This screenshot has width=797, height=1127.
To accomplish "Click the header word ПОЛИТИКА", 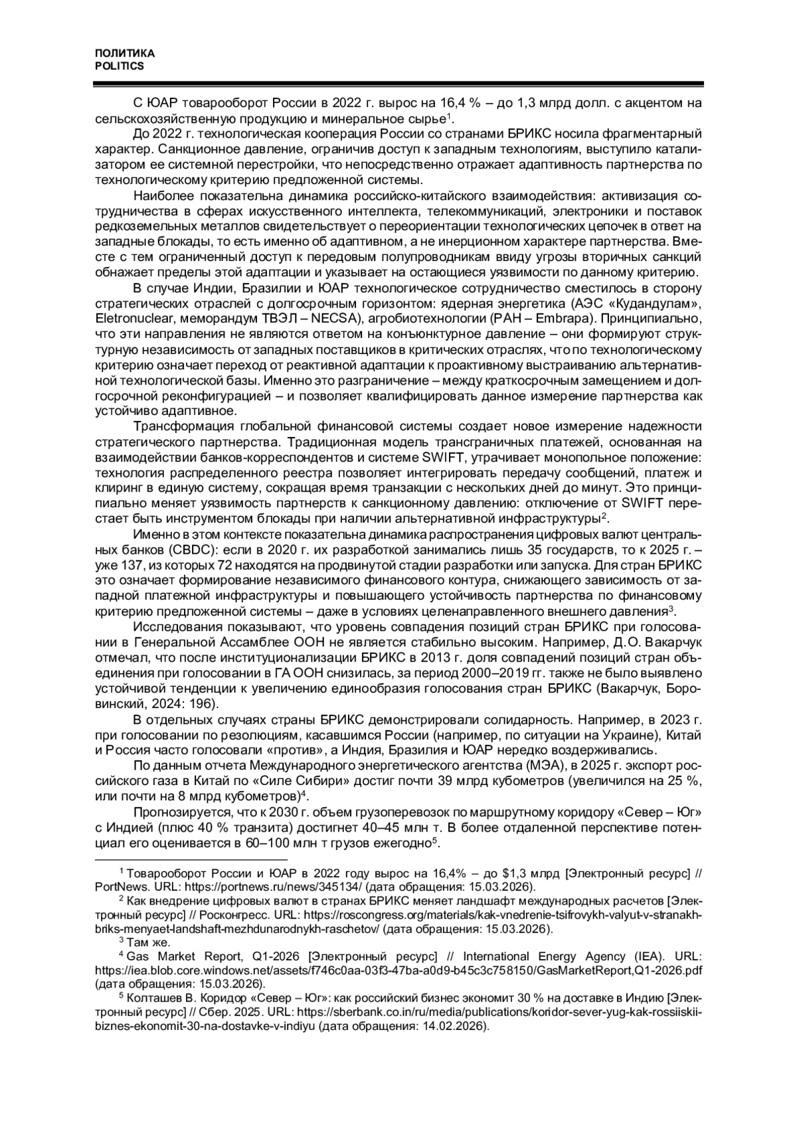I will (125, 54).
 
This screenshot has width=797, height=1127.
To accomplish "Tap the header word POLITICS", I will (120, 66).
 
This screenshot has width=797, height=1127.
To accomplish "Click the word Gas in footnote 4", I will (136, 956).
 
